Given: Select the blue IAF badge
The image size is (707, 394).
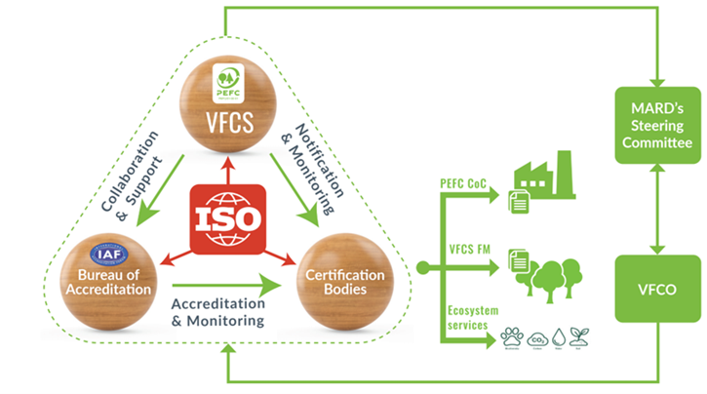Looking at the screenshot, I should coord(104,252).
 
